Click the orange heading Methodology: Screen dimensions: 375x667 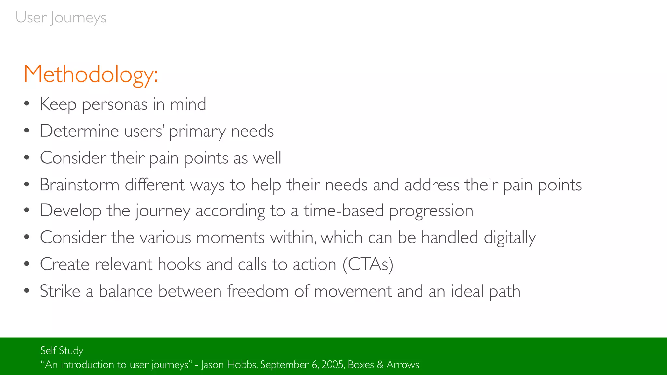coord(91,75)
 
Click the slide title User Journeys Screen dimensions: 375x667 coord(61,18)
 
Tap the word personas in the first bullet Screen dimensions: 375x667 coord(115,104)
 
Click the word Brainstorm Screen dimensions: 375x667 coord(79,185)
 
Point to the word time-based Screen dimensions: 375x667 coord(344,211)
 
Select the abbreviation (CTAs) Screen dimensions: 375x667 coord(368,264)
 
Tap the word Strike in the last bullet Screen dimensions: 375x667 coord(60,291)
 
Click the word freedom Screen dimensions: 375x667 coord(258,291)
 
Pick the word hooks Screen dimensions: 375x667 coord(179,264)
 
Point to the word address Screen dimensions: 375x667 coord(432,185)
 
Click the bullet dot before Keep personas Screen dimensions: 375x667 coord(27,104)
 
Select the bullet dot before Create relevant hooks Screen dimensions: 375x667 coord(27,264)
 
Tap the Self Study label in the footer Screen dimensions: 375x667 coord(62,351)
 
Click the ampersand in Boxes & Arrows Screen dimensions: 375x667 coord(380,365)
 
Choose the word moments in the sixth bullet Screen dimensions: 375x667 coord(230,238)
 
